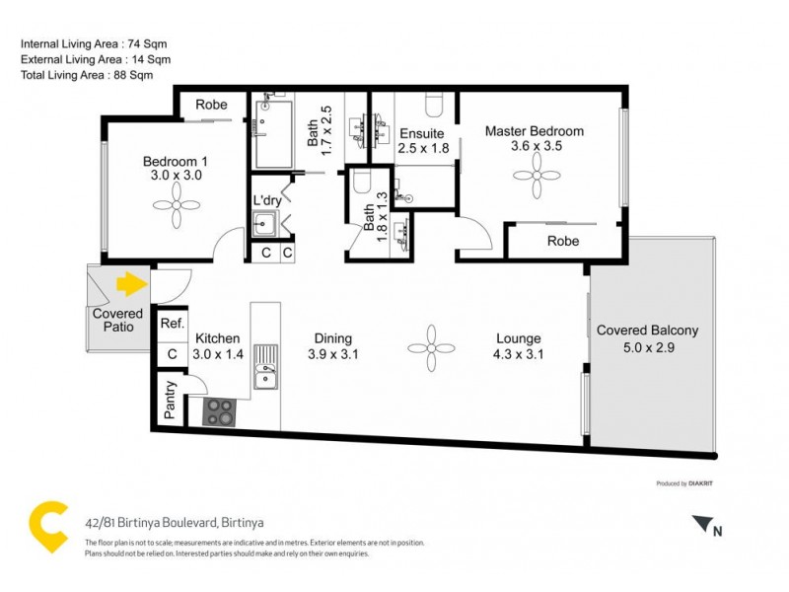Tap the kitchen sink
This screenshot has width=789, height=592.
pos(264,375)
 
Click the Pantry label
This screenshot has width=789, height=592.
pos(169,401)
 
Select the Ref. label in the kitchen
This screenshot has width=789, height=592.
pos(171,324)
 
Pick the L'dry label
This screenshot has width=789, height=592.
pos(267,200)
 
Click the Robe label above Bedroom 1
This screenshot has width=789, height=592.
pos(211,105)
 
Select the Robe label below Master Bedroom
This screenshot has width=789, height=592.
pos(563,241)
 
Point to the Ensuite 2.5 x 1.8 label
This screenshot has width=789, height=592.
pos(424,140)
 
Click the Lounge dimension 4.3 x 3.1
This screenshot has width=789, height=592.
pos(519,354)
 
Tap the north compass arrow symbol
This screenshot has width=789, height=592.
pos(701,525)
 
